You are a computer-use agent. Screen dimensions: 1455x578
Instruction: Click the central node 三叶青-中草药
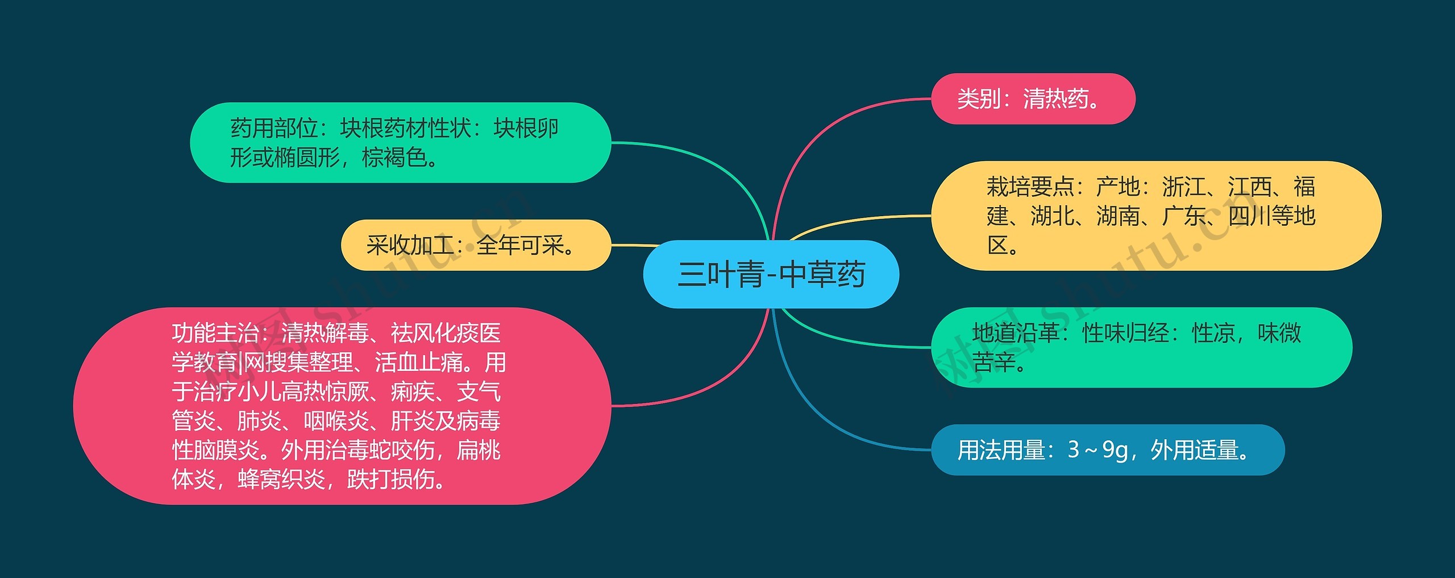(771, 274)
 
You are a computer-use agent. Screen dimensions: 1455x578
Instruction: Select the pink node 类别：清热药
(1033, 99)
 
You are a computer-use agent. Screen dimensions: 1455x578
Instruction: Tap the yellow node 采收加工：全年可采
(476, 245)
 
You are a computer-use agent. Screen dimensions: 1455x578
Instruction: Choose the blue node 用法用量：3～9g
(1108, 450)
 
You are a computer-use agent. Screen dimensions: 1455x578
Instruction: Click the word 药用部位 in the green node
(274, 129)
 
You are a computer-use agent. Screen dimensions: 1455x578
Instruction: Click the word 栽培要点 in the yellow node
(1030, 187)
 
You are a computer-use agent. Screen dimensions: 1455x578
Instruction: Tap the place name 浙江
(1184, 187)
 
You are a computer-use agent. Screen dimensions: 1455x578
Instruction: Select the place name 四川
(1250, 216)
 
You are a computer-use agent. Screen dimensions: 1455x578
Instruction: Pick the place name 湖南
(1118, 216)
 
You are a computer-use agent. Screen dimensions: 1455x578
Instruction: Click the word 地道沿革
(1016, 333)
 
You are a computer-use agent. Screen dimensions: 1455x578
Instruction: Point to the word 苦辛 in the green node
(994, 362)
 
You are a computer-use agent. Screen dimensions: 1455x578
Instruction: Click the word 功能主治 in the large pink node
(215, 333)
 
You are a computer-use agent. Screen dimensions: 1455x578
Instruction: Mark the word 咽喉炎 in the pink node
(336, 421)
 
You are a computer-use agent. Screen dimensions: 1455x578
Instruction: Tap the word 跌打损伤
(391, 480)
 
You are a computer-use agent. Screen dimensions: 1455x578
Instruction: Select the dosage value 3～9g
(1098, 450)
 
